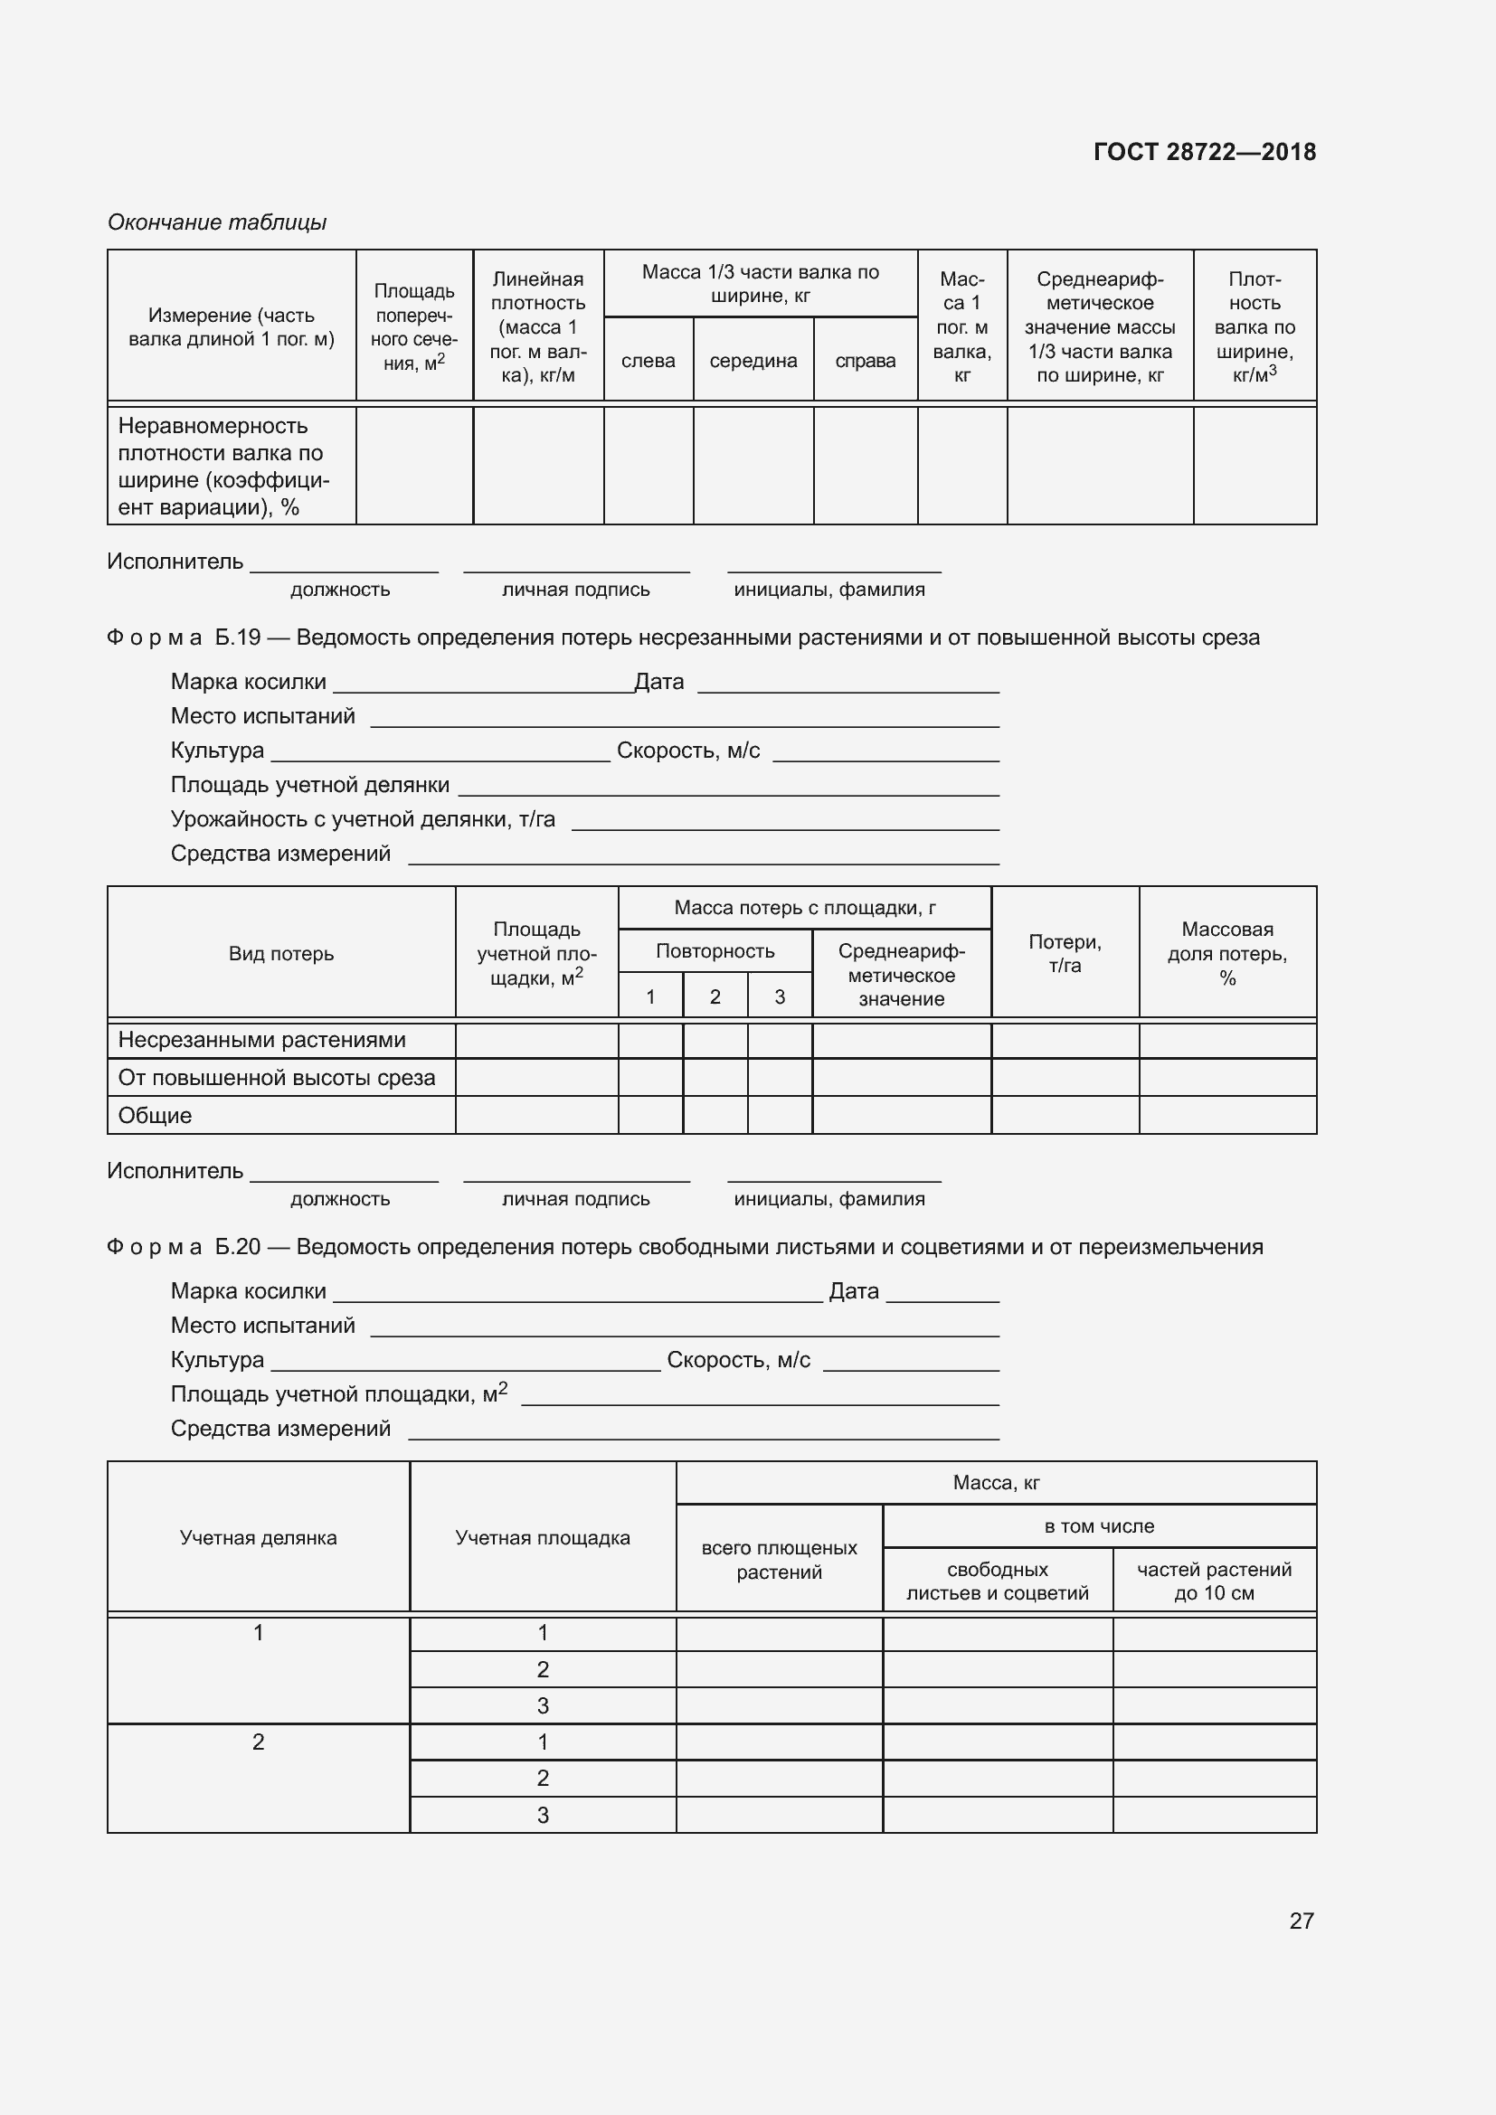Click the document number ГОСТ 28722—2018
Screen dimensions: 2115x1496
1204,152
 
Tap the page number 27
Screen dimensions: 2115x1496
1301,1921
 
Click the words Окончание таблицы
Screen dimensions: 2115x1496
216,222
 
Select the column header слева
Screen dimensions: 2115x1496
648,361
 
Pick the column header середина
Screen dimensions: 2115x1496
753,361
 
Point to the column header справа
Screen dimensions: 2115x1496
865,361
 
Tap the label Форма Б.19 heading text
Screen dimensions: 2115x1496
683,637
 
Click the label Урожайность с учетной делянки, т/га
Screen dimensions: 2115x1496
363,819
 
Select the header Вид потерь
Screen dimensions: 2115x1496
281,953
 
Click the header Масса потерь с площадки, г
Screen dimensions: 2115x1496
804,907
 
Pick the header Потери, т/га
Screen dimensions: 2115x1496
1064,953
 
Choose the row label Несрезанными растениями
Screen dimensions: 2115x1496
261,1039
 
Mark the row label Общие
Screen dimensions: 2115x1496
155,1116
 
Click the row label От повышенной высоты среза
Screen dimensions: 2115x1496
277,1078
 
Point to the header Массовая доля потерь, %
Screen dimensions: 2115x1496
1227,953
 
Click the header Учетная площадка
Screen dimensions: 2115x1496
542,1537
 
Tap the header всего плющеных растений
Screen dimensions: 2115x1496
779,1560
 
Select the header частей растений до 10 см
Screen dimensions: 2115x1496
1213,1581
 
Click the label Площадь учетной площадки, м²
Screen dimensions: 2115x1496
339,1394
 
